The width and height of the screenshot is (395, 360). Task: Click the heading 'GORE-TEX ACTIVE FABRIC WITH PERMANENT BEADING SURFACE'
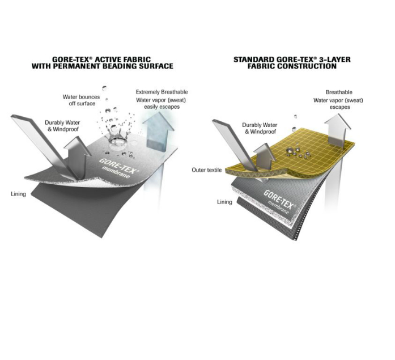coord(102,63)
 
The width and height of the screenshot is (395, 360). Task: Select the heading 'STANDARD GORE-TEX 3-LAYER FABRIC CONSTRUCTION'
coord(292,63)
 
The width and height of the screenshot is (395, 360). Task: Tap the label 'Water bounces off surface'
coord(82,100)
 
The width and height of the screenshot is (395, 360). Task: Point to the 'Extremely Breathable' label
coord(162,92)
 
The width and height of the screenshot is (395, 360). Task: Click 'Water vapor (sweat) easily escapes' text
coord(161,103)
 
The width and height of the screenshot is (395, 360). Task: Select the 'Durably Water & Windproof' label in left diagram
coord(62,126)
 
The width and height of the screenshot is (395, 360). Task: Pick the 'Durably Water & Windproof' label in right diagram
coord(260,128)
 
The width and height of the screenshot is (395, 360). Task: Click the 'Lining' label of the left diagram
coord(18,194)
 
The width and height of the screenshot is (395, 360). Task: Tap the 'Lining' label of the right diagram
coord(224,202)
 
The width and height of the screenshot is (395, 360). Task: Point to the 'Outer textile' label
coord(207,170)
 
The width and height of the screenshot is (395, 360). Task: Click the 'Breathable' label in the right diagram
coord(339,92)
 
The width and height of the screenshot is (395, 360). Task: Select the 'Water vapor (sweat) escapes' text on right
coord(338,104)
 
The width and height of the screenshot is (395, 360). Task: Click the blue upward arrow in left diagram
coord(158,132)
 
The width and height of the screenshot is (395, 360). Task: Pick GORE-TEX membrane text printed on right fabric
coord(279,202)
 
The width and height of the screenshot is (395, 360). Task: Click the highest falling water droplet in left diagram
coord(104,88)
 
